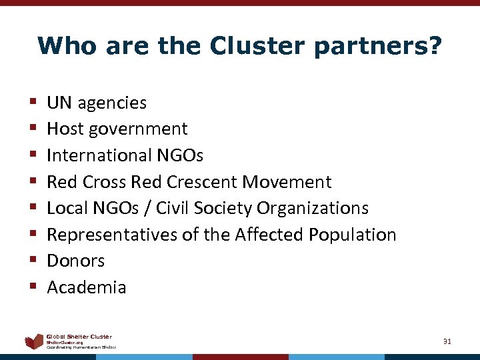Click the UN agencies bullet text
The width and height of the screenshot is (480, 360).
tap(97, 103)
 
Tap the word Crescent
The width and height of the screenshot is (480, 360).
tap(202, 181)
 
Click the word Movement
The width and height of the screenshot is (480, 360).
tap(287, 181)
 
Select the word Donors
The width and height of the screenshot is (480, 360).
tap(76, 261)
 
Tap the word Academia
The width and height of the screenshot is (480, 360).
tap(87, 287)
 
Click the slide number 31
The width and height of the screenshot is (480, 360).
tap(447, 341)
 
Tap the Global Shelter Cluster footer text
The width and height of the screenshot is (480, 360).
tap(79, 336)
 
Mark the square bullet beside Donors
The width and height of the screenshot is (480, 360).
tap(32, 261)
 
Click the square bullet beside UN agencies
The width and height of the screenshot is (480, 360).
tap(32, 103)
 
